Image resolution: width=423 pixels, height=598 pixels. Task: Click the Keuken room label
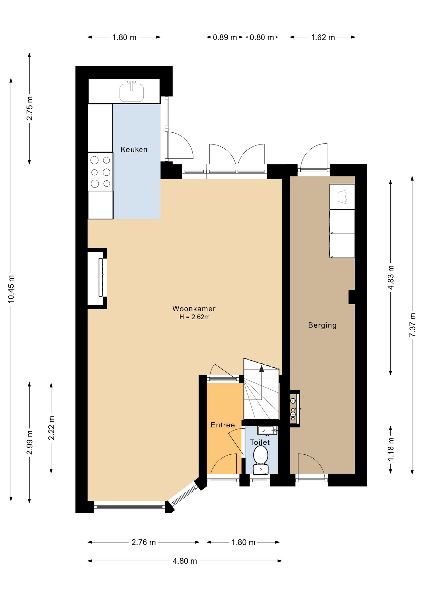click(134, 149)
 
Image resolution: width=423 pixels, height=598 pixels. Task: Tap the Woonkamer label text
click(194, 309)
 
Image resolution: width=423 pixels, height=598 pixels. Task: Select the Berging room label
click(322, 325)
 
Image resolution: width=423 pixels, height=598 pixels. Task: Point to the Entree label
click(223, 425)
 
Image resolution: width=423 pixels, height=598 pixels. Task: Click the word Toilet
click(260, 442)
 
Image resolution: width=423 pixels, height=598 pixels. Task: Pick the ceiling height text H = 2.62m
click(194, 317)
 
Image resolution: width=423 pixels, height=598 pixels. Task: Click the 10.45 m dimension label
click(11, 289)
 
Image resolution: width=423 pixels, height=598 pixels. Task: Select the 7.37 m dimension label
click(412, 325)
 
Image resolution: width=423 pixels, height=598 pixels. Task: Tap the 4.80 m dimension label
click(185, 561)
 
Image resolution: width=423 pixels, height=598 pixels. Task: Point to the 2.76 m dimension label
click(144, 542)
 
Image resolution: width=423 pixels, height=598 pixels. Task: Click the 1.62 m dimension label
click(323, 37)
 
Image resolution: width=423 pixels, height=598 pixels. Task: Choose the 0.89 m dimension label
click(225, 37)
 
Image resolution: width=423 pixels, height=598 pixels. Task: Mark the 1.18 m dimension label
click(391, 449)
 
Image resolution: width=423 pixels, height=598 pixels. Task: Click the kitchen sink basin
click(132, 92)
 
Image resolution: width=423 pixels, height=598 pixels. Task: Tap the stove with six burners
click(100, 172)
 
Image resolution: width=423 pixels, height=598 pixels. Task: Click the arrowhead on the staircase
click(262, 369)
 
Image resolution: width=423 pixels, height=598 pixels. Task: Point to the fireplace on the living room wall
click(97, 278)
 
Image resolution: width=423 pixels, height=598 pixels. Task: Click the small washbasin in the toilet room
click(267, 430)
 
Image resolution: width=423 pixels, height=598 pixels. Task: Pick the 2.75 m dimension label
click(30, 108)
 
